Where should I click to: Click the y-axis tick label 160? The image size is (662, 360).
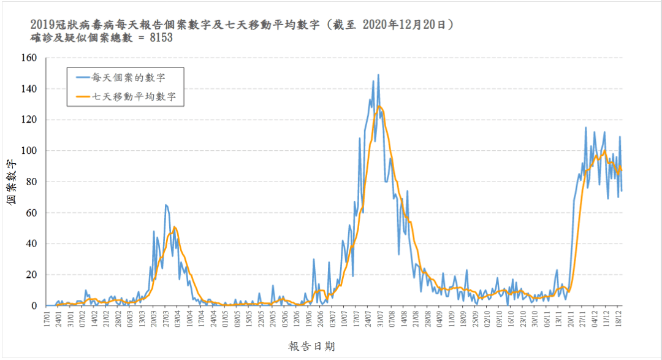click(30, 58)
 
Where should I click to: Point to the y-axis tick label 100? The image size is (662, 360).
click(30, 151)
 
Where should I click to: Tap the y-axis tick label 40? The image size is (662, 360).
click(32, 243)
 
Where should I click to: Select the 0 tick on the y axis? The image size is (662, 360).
click(35, 305)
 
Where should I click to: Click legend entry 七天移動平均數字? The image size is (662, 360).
click(138, 96)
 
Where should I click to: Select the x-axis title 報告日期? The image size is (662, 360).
click(311, 347)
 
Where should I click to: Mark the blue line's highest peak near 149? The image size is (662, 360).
click(378, 75)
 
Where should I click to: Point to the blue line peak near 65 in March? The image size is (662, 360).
click(166, 205)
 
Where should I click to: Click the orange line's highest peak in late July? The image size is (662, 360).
click(379, 106)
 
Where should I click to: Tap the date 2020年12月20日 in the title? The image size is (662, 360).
click(408, 25)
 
